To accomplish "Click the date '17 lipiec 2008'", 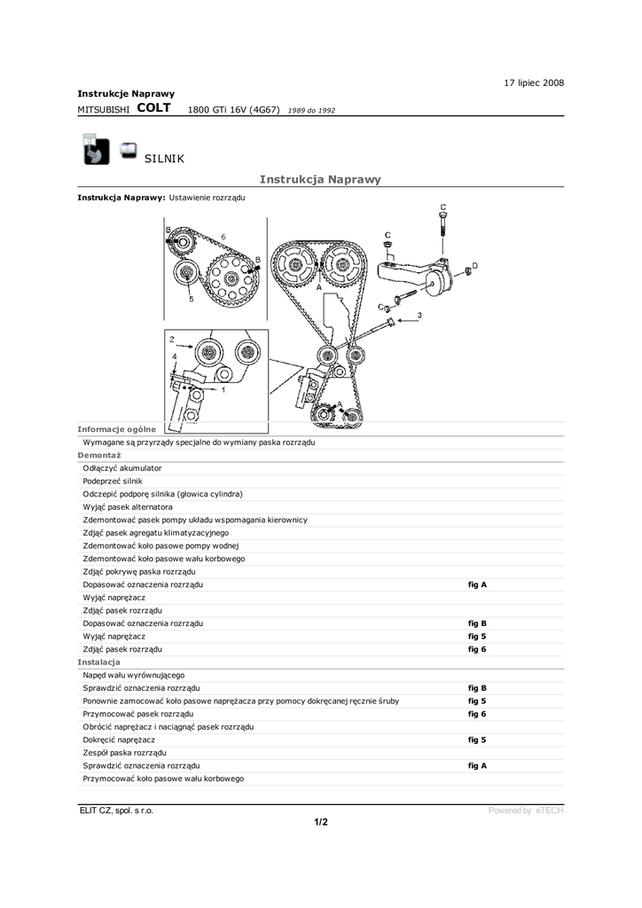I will point(533,82).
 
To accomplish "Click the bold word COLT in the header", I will point(154,108).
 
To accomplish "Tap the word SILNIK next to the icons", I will point(163,158).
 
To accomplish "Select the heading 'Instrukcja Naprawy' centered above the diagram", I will point(320,179).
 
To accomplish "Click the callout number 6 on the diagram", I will point(223,236).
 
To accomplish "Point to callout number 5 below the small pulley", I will point(191,300).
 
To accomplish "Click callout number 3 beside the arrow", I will point(419,315).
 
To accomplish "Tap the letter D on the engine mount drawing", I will point(474,265).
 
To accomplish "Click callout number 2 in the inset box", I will point(172,339).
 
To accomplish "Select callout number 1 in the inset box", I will point(223,388).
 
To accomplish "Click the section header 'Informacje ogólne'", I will point(116,428).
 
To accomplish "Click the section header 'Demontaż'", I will point(98,454).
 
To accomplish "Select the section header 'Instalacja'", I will point(98,662).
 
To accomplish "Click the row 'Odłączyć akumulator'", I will point(122,467).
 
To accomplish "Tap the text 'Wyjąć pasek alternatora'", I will point(128,506).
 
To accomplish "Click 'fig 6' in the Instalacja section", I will point(477,714).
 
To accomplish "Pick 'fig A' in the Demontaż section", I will point(477,584).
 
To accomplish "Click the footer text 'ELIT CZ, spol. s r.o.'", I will point(116,810).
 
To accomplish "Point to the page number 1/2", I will point(321,822).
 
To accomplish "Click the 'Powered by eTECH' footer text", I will point(526,810).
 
